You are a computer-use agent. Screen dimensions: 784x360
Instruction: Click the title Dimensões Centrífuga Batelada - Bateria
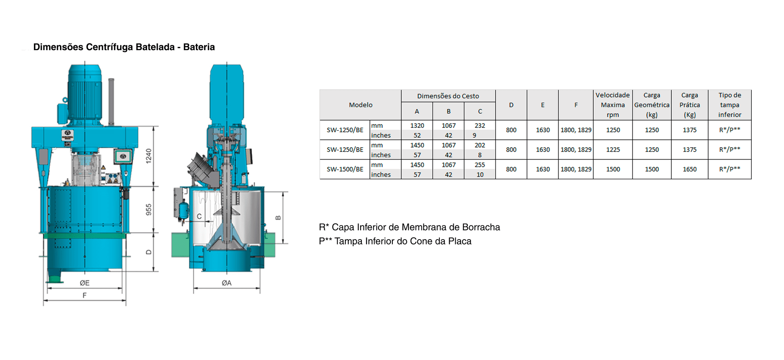click(124, 47)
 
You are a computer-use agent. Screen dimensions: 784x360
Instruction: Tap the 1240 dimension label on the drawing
click(149, 156)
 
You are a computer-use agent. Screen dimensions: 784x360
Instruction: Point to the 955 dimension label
click(149, 209)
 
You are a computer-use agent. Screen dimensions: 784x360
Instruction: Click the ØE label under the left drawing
click(85, 283)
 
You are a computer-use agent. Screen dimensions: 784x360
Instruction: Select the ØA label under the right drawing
click(227, 283)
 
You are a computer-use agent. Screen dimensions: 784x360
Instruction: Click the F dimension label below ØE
click(85, 295)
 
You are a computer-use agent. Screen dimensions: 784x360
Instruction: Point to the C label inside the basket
click(199, 216)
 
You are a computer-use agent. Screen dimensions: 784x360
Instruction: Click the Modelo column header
click(361, 105)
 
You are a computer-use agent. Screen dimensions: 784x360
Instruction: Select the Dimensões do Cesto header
click(448, 96)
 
